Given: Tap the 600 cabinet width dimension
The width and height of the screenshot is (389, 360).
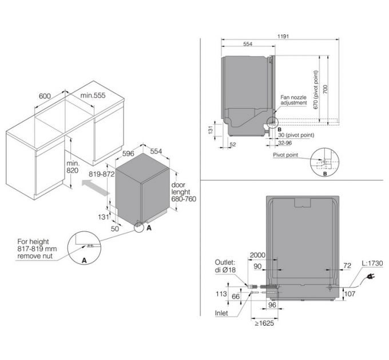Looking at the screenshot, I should pos(46,96).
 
